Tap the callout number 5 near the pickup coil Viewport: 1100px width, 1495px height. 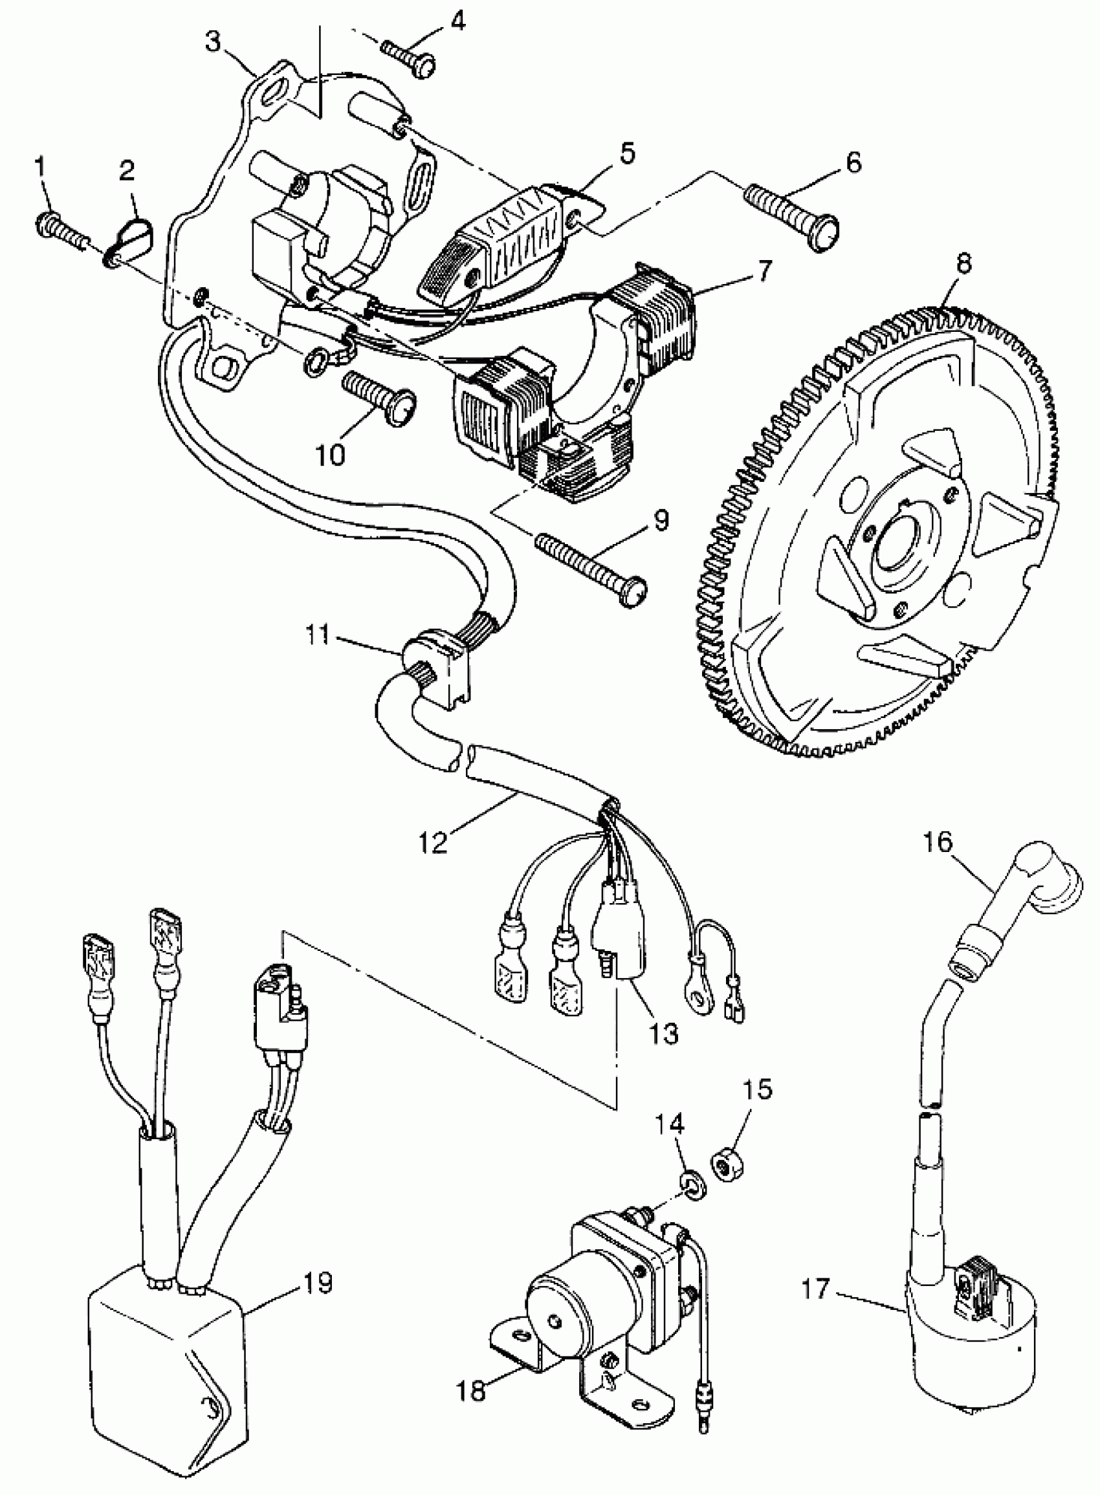627,153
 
